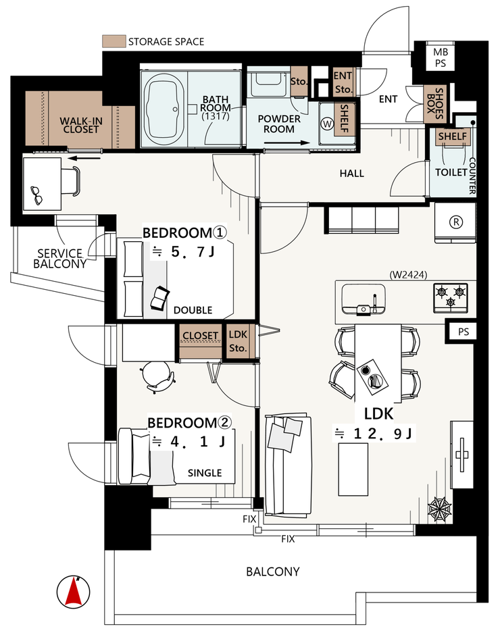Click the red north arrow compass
(74, 592)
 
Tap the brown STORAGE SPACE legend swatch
(114, 41)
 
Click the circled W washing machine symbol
(327, 124)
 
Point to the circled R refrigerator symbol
(456, 222)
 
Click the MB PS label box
(441, 57)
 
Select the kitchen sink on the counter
(364, 299)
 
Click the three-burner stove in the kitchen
(451, 298)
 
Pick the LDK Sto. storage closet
(239, 341)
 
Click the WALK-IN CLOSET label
(81, 125)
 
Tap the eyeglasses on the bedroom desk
(37, 195)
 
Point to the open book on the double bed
(159, 299)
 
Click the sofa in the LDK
(287, 465)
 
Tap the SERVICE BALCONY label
(60, 259)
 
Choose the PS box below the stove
(463, 332)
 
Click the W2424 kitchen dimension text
(408, 275)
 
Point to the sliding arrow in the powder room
(287, 143)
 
